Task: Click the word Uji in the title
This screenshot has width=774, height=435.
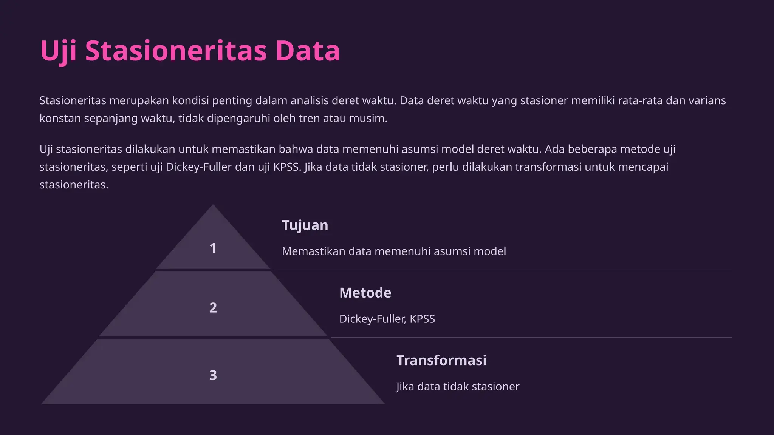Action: coord(58,51)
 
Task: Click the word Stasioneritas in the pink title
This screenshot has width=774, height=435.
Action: coord(176,51)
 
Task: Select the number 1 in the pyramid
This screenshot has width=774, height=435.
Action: coord(213,248)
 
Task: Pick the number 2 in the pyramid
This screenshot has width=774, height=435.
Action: coord(213,308)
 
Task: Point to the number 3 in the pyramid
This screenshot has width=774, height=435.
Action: coord(213,375)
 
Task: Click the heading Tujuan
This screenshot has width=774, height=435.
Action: coord(305,225)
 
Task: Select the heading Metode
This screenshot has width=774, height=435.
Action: coord(365,293)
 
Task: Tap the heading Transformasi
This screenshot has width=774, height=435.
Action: coord(441,360)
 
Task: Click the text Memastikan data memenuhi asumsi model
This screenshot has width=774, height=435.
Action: coord(393,251)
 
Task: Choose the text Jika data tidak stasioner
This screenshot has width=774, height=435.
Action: coord(458,386)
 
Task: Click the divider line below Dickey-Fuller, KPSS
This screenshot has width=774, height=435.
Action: coord(531,338)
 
